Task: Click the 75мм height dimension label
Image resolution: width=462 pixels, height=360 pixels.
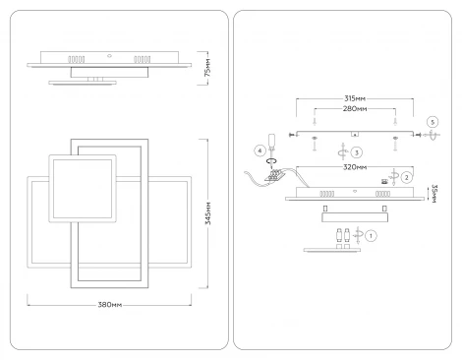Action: [x=207, y=68]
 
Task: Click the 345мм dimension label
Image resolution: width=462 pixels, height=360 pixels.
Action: [x=208, y=213]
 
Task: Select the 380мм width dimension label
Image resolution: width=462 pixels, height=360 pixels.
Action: [x=110, y=305]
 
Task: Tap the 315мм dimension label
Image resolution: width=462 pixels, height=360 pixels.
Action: [x=355, y=98]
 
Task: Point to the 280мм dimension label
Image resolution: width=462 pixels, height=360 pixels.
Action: [x=355, y=108]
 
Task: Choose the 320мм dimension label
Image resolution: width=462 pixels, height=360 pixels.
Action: [x=355, y=167]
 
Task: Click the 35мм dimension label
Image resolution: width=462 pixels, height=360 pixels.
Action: [x=434, y=194]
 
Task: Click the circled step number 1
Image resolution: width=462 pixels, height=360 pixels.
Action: [x=371, y=236]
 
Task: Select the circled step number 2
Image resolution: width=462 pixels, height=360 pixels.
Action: [x=407, y=177]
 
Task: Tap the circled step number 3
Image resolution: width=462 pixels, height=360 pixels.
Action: [x=357, y=152]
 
